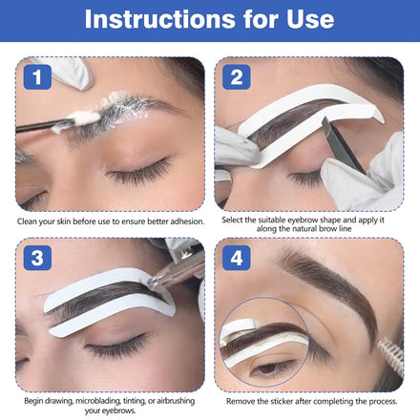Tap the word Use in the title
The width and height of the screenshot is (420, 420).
click(x=310, y=19)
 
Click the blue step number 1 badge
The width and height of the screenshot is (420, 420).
click(x=37, y=77)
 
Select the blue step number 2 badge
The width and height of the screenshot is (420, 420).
click(x=237, y=77)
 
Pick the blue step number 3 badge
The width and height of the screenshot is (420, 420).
click(x=37, y=258)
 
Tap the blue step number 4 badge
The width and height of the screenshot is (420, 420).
click(x=237, y=258)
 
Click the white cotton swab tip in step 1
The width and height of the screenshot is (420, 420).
click(x=83, y=118)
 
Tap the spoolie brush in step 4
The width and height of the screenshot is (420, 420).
click(x=390, y=352)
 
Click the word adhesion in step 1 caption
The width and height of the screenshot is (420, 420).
click(x=187, y=221)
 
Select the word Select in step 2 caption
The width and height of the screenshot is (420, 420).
click(x=231, y=220)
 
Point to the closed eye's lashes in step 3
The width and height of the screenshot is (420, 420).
click(x=116, y=347)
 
